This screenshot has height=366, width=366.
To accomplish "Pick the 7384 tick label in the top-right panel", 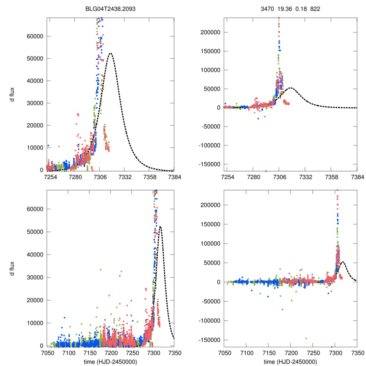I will [357, 177].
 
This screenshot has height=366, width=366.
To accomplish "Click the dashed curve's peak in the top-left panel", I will [110, 53].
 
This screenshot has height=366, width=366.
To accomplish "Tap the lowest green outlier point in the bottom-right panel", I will [306, 338].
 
